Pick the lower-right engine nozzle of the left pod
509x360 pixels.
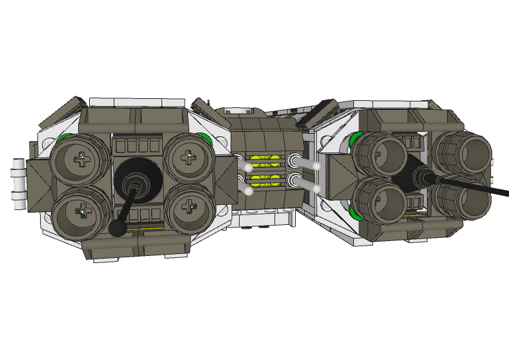(188, 207)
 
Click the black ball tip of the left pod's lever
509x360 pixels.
(118, 228)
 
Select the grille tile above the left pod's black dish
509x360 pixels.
(136, 145)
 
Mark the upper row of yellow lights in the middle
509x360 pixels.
(265, 161)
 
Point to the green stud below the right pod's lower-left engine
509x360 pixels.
(354, 213)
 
